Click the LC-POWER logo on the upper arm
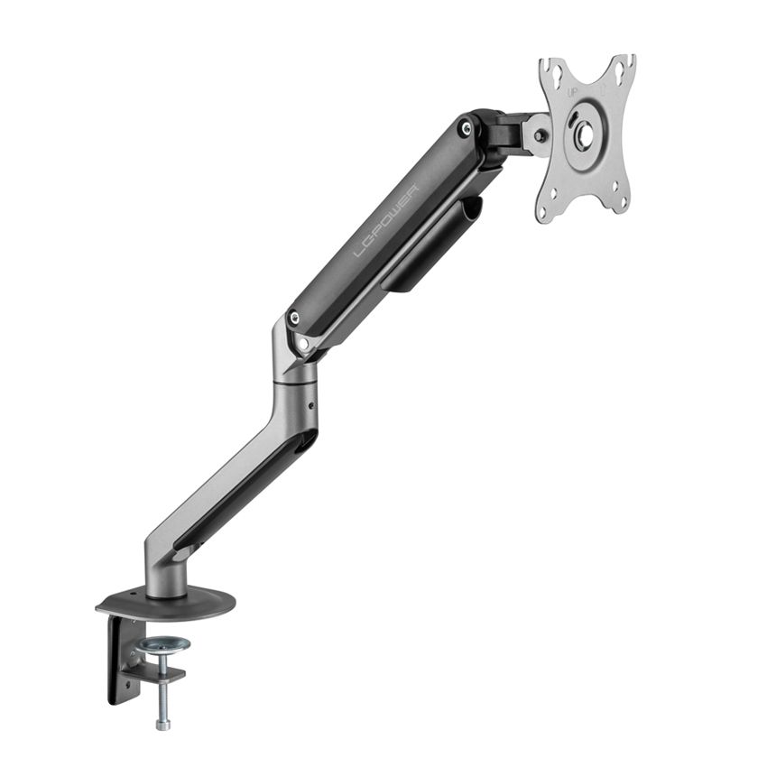click(385, 221)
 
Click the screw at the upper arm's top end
click(466, 128)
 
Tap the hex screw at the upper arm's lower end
click(294, 318)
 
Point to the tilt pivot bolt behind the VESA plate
click(540, 136)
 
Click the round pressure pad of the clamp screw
click(164, 645)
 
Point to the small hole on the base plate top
click(136, 596)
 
